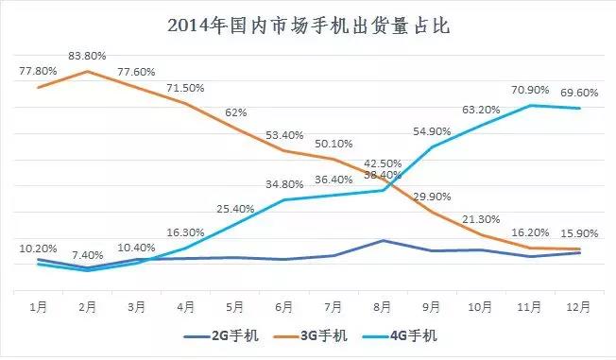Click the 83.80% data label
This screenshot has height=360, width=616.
point(88,56)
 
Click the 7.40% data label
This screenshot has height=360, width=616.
point(87,256)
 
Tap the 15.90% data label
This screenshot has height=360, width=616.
point(578,233)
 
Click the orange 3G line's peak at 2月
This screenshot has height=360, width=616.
point(88,71)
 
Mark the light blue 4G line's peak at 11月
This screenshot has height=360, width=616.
point(531,105)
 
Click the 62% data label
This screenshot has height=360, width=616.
point(235,112)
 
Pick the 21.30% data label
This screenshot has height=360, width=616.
point(481,220)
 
